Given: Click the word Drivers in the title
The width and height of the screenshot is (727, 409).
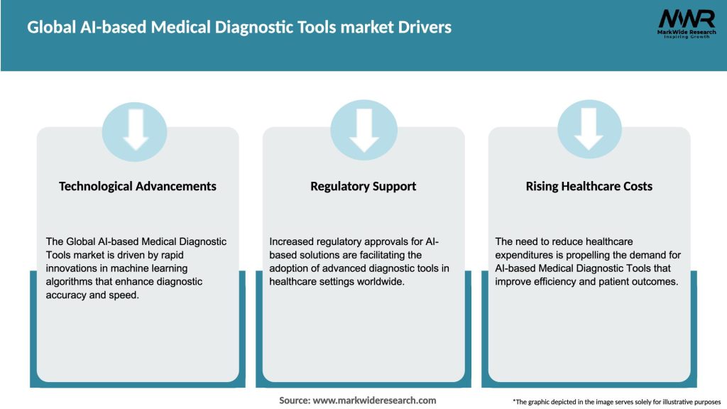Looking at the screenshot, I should [424, 28].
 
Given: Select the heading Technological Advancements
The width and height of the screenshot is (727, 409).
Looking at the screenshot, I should [138, 186].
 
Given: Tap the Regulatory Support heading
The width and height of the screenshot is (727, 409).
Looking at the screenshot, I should [363, 186].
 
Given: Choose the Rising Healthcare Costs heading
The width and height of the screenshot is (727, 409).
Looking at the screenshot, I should [589, 186].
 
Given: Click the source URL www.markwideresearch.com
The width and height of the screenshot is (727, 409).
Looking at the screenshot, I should [374, 400].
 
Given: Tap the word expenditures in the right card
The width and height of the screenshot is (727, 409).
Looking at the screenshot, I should [526, 256].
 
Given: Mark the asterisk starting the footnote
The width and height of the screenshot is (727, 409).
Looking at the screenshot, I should [514, 401].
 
